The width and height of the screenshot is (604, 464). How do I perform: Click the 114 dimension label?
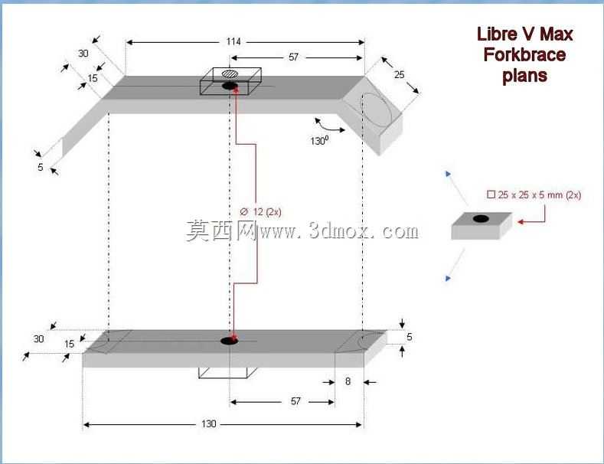pyautogui.click(x=233, y=41)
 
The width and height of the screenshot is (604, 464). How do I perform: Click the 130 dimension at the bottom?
pyautogui.click(x=208, y=424)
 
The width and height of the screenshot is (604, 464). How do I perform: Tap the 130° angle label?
pyautogui.click(x=319, y=141)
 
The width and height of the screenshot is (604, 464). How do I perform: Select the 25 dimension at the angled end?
pyautogui.click(x=399, y=74)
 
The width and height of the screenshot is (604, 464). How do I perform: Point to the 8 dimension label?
pyautogui.click(x=348, y=381)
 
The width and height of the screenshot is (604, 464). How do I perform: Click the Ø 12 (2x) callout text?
pyautogui.click(x=260, y=212)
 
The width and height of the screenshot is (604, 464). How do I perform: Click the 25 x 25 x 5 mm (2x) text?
pyautogui.click(x=534, y=195)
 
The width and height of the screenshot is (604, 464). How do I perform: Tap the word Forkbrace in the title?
pyautogui.click(x=524, y=54)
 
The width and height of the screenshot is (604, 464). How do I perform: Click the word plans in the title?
pyautogui.click(x=524, y=76)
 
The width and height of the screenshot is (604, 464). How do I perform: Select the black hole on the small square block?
pyautogui.click(x=481, y=219)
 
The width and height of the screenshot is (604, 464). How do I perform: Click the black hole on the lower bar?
pyautogui.click(x=229, y=341)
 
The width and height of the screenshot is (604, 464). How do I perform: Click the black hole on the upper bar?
pyautogui.click(x=230, y=86)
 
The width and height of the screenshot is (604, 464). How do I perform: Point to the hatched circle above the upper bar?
pyautogui.click(x=230, y=74)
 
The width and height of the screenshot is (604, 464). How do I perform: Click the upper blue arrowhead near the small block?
pyautogui.click(x=448, y=175)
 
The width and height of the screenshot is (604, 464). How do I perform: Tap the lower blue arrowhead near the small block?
pyautogui.click(x=448, y=278)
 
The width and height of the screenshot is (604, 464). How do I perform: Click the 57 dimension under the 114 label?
pyautogui.click(x=293, y=57)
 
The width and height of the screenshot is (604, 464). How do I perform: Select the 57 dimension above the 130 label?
pyautogui.click(x=295, y=401)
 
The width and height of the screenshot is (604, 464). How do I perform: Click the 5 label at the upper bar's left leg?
pyautogui.click(x=40, y=167)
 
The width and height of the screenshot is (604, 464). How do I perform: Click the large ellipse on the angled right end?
pyautogui.click(x=376, y=110)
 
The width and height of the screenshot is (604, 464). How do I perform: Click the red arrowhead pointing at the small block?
pyautogui.click(x=521, y=221)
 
